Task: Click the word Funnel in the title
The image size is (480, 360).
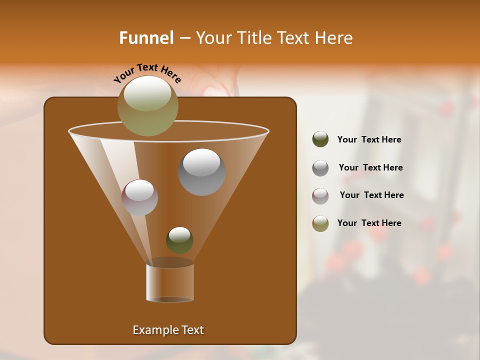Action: pyautogui.click(x=146, y=38)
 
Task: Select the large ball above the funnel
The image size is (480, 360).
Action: pyautogui.click(x=147, y=105)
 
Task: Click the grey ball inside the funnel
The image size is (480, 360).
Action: pyautogui.click(x=201, y=172)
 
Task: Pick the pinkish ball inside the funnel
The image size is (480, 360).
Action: pyautogui.click(x=139, y=197)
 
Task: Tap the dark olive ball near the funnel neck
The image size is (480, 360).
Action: pyautogui.click(x=179, y=240)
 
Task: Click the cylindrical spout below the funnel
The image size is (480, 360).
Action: pyautogui.click(x=170, y=282)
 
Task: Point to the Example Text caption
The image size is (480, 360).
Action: pyautogui.click(x=168, y=330)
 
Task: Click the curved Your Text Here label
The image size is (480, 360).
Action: pyautogui.click(x=147, y=73)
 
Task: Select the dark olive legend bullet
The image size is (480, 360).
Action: pyautogui.click(x=320, y=139)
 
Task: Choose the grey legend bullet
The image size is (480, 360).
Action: pyautogui.click(x=320, y=167)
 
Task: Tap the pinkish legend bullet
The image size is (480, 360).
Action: pyautogui.click(x=320, y=195)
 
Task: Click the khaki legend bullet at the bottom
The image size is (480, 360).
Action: pyautogui.click(x=320, y=223)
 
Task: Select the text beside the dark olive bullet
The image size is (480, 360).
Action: pyautogui.click(x=369, y=139)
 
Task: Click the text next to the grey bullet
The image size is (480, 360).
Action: pyautogui.click(x=370, y=167)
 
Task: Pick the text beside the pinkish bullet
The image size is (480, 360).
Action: pyautogui.click(x=371, y=195)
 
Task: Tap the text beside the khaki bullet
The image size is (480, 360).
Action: pyautogui.click(x=369, y=223)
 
